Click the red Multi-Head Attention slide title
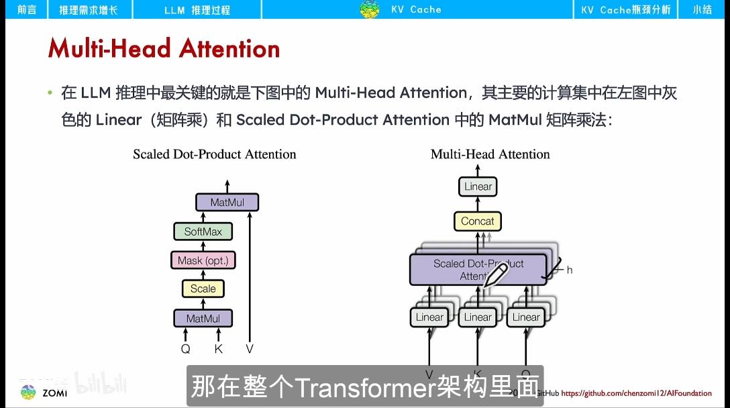(x=164, y=49)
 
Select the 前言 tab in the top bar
(x=27, y=9)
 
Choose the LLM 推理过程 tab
(x=197, y=9)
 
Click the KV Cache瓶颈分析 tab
(x=625, y=9)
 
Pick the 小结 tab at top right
(x=702, y=9)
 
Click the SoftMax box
(x=203, y=232)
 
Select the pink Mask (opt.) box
(x=203, y=260)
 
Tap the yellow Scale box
(x=203, y=289)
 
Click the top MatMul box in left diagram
(x=227, y=202)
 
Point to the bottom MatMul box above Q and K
(x=203, y=318)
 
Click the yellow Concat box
(x=477, y=221)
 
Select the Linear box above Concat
(x=478, y=187)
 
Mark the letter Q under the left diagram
(x=186, y=349)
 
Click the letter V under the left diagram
(x=250, y=349)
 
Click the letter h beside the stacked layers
(x=570, y=270)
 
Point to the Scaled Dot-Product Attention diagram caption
(x=214, y=154)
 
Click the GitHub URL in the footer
(x=636, y=393)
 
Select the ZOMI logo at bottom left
(x=44, y=393)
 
